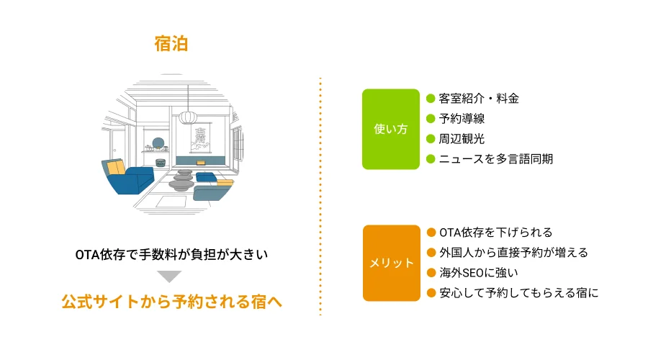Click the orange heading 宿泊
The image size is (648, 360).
tap(171, 44)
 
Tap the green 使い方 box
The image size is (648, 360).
tap(390, 129)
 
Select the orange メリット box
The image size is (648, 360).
tap(390, 263)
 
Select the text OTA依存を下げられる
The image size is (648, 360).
tap(495, 233)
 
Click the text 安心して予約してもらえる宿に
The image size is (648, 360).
tap(518, 293)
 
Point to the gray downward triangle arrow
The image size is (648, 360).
tap(170, 276)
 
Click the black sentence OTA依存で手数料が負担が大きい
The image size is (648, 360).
tap(171, 255)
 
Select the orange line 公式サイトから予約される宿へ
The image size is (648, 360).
tap(171, 302)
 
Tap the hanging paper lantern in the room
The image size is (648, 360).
tap(187, 117)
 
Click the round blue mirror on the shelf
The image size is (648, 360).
tap(158, 142)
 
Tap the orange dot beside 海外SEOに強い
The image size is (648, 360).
tap(431, 273)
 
